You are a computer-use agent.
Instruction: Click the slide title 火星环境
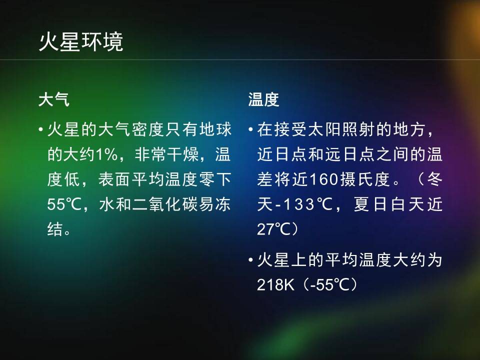(81, 42)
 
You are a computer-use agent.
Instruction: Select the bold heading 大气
(54, 100)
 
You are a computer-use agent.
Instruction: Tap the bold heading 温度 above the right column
(264, 100)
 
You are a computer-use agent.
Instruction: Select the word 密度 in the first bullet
(148, 129)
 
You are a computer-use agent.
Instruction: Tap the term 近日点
(282, 154)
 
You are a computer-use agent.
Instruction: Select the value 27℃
(273, 229)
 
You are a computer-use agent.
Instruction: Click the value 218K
(275, 284)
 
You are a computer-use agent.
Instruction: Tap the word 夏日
(370, 204)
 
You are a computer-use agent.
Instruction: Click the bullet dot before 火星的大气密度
(40, 130)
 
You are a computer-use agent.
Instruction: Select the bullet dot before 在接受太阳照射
(250, 130)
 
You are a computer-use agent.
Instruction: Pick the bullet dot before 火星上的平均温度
(250, 260)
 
